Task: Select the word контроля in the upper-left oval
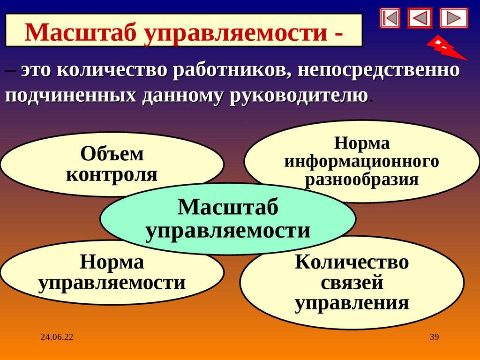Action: pyautogui.click(x=112, y=174)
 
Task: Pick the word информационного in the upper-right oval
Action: pyautogui.click(x=361, y=161)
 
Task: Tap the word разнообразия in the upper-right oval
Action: pyautogui.click(x=361, y=180)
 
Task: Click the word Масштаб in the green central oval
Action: pyautogui.click(x=228, y=207)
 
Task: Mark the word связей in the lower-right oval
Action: pyautogui.click(x=352, y=283)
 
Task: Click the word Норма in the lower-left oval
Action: pyautogui.click(x=112, y=262)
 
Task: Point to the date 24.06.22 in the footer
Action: pyautogui.click(x=57, y=337)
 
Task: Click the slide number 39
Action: pyautogui.click(x=434, y=337)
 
